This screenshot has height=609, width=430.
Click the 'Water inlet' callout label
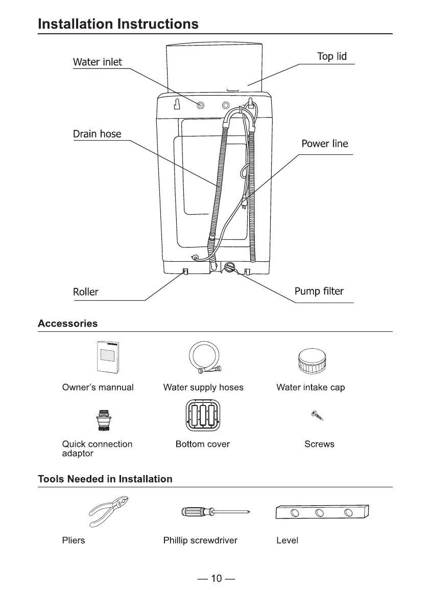tap(98, 62)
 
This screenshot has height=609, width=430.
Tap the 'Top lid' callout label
tap(331, 57)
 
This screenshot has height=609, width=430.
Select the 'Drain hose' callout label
tap(97, 134)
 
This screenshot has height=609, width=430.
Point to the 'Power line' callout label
tap(324, 144)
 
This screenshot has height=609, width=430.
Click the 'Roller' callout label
tap(85, 292)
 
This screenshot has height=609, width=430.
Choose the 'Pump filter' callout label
tap(319, 291)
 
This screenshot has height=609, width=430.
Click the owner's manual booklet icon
tap(108, 357)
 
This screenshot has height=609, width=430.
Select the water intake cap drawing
tap(312, 361)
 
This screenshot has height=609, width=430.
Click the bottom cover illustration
tap(203, 416)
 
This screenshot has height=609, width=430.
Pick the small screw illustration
tap(318, 415)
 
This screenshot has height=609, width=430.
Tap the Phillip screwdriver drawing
tap(215, 511)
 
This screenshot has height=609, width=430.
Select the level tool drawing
tap(322, 512)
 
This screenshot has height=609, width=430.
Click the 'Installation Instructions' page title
tap(118, 24)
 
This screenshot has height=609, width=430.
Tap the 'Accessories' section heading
tap(67, 324)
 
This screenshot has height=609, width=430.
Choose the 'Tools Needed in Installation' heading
tap(105, 479)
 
